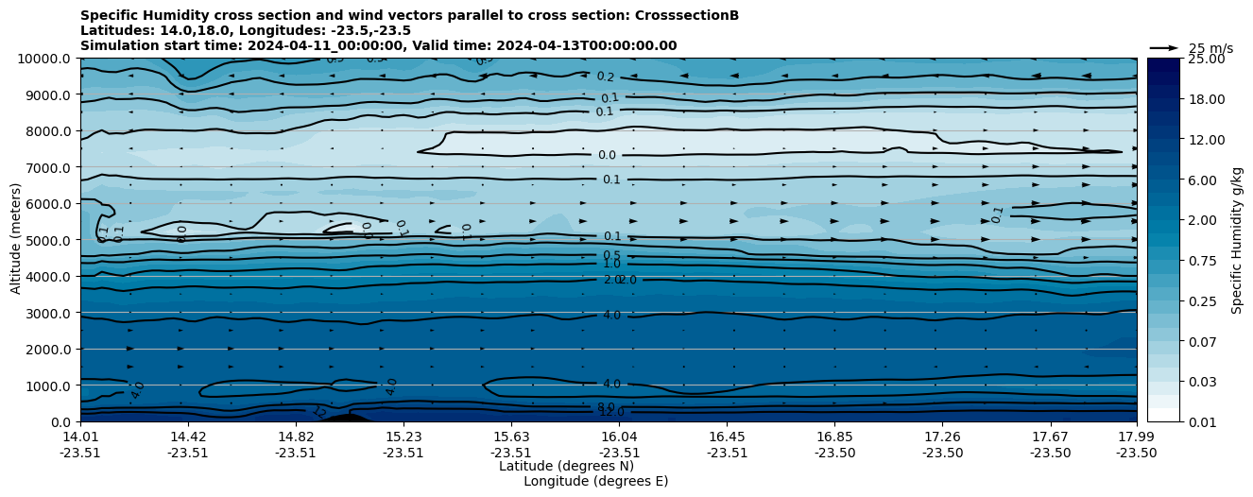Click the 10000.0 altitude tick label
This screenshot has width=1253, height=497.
(x=46, y=59)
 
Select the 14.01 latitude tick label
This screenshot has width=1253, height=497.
(x=80, y=437)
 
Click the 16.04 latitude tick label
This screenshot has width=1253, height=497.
(x=619, y=437)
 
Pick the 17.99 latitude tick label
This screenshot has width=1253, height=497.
(x=1136, y=437)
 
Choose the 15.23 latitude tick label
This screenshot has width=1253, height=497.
(x=403, y=437)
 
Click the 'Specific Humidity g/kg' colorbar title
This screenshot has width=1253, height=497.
(x=1237, y=240)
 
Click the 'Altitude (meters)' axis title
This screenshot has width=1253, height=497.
(x=16, y=240)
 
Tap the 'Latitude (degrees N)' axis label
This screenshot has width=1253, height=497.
(x=566, y=466)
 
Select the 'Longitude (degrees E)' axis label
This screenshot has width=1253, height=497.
(x=595, y=481)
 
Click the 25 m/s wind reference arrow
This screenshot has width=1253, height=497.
(x=1163, y=47)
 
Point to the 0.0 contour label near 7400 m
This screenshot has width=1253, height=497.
(x=607, y=155)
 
